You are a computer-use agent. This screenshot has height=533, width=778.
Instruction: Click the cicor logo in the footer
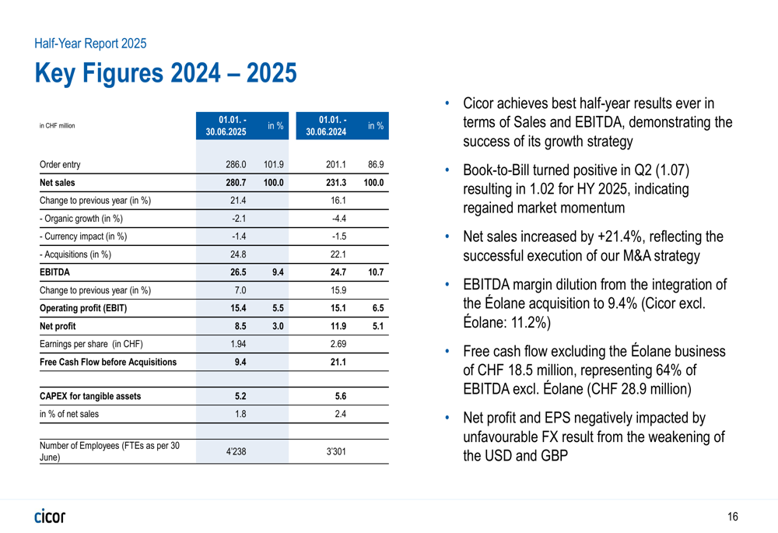click(x=50, y=516)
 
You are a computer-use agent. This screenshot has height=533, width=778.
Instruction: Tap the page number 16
click(x=733, y=517)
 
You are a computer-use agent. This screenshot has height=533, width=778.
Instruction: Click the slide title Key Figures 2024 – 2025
click(x=166, y=73)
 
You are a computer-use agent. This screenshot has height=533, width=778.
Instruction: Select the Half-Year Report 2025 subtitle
click(x=90, y=44)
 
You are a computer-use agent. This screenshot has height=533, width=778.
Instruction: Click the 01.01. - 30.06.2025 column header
click(x=226, y=125)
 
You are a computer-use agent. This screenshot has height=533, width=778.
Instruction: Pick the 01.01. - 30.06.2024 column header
click(x=326, y=125)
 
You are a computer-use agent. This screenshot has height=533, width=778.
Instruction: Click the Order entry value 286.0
click(x=236, y=164)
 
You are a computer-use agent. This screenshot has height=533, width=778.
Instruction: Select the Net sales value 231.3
click(x=336, y=183)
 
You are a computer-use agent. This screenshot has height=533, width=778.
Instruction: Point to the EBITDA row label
click(x=54, y=272)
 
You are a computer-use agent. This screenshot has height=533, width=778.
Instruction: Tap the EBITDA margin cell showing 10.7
click(x=376, y=272)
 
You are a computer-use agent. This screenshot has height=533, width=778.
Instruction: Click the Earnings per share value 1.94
click(x=238, y=344)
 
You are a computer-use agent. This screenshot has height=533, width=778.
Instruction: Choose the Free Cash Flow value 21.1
click(x=338, y=363)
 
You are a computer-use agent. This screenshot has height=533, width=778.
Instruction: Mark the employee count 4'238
click(x=236, y=451)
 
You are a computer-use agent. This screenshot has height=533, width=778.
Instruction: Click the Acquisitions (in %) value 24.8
click(x=238, y=254)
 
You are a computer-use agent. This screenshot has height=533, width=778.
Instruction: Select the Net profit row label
click(x=58, y=326)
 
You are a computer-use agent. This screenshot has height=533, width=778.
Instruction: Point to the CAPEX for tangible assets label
click(x=90, y=396)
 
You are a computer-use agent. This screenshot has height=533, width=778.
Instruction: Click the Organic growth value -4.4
click(x=339, y=219)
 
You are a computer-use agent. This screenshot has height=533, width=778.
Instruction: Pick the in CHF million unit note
click(x=57, y=125)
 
